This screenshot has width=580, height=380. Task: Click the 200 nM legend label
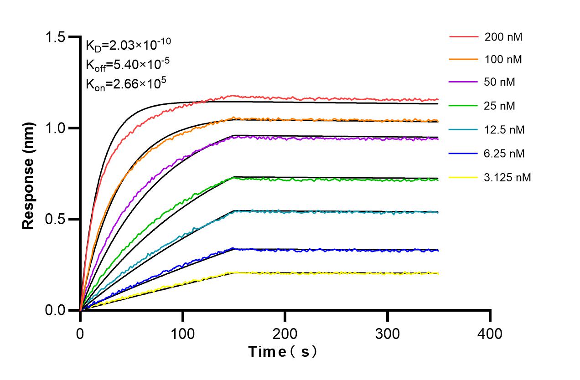pyautogui.click(x=503, y=37)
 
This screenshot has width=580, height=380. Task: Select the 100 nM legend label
pyautogui.click(x=503, y=60)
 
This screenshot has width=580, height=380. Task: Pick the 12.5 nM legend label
pyautogui.click(x=505, y=130)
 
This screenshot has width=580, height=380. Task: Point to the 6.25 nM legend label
pyautogui.click(x=505, y=154)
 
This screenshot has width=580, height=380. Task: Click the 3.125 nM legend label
pyautogui.click(x=507, y=177)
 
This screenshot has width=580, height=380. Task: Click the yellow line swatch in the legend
pyautogui.click(x=463, y=177)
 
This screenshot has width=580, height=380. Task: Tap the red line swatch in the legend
pyautogui.click(x=463, y=36)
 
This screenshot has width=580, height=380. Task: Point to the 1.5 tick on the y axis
pyautogui.click(x=58, y=37)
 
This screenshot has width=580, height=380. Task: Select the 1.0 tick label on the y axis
pyautogui.click(x=58, y=128)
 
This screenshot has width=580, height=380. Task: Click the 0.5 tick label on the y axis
pyautogui.click(x=58, y=219)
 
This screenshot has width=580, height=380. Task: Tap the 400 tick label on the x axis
pyautogui.click(x=490, y=334)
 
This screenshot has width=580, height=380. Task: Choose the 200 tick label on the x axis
pyautogui.click(x=285, y=334)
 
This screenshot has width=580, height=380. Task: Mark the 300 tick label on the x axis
pyautogui.click(x=387, y=334)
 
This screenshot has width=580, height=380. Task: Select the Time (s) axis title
pyautogui.click(x=282, y=352)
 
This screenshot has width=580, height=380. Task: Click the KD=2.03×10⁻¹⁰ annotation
pyautogui.click(x=129, y=45)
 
